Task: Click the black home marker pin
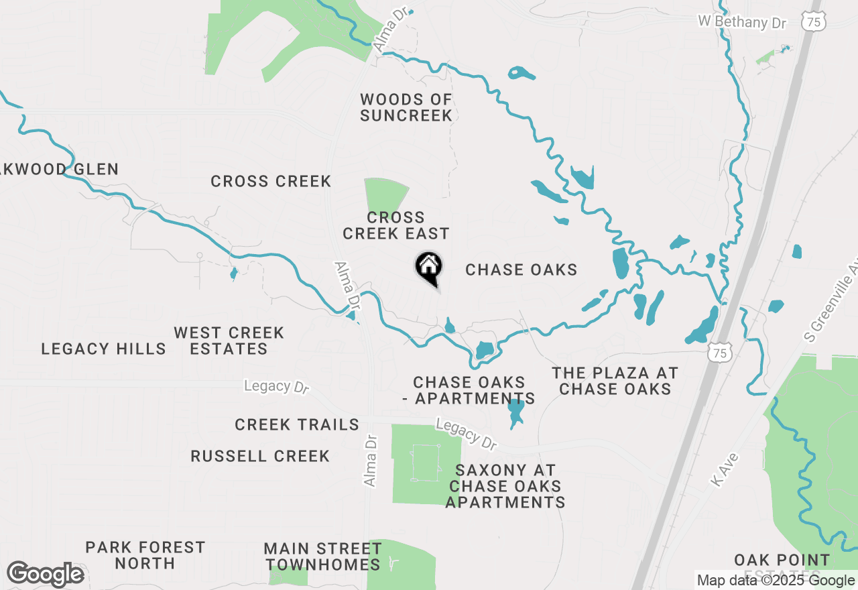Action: point(428,268)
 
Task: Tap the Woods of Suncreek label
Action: point(406,108)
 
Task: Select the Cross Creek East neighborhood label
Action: point(395,226)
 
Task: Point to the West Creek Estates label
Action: point(229,341)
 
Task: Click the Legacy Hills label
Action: point(103,349)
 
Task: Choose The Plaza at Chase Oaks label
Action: point(615,381)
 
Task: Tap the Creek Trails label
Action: point(296,424)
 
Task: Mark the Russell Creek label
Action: point(260,456)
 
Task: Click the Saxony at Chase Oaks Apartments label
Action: point(505,486)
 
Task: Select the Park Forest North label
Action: point(145,555)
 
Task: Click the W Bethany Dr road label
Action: point(741,22)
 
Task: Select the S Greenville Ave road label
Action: point(831,302)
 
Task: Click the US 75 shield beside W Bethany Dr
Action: point(814,21)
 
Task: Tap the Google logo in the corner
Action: point(45,575)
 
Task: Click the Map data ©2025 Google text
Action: point(776,581)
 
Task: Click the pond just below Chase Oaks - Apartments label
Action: point(515,412)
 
